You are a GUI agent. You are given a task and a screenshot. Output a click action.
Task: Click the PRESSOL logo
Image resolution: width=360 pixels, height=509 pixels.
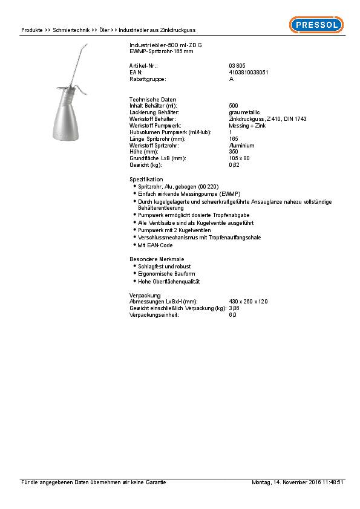click(x=316, y=25)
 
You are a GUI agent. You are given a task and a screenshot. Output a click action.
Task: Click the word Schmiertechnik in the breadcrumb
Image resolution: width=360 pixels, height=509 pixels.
click(x=71, y=30)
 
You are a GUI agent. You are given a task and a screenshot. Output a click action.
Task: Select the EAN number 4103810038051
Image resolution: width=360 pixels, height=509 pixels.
click(x=249, y=72)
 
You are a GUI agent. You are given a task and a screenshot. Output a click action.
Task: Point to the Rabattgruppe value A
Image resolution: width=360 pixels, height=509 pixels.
click(x=231, y=79)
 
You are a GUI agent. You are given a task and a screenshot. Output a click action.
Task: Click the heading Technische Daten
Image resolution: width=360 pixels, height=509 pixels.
click(x=149, y=99)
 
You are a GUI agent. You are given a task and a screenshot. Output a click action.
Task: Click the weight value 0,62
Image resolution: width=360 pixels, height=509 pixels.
click(x=234, y=164)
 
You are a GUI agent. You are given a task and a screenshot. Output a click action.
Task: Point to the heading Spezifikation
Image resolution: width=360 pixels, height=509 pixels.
click(x=146, y=180)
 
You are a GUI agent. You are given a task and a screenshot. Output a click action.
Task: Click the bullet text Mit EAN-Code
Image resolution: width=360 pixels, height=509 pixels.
click(x=155, y=245)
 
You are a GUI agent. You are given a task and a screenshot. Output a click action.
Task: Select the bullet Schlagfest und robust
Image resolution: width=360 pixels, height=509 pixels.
click(x=165, y=266)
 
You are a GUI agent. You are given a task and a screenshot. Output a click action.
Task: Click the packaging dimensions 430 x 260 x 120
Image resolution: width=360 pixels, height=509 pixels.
click(x=248, y=301)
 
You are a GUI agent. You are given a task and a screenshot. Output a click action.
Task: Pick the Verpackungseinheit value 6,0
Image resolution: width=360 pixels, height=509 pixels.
click(x=233, y=315)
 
